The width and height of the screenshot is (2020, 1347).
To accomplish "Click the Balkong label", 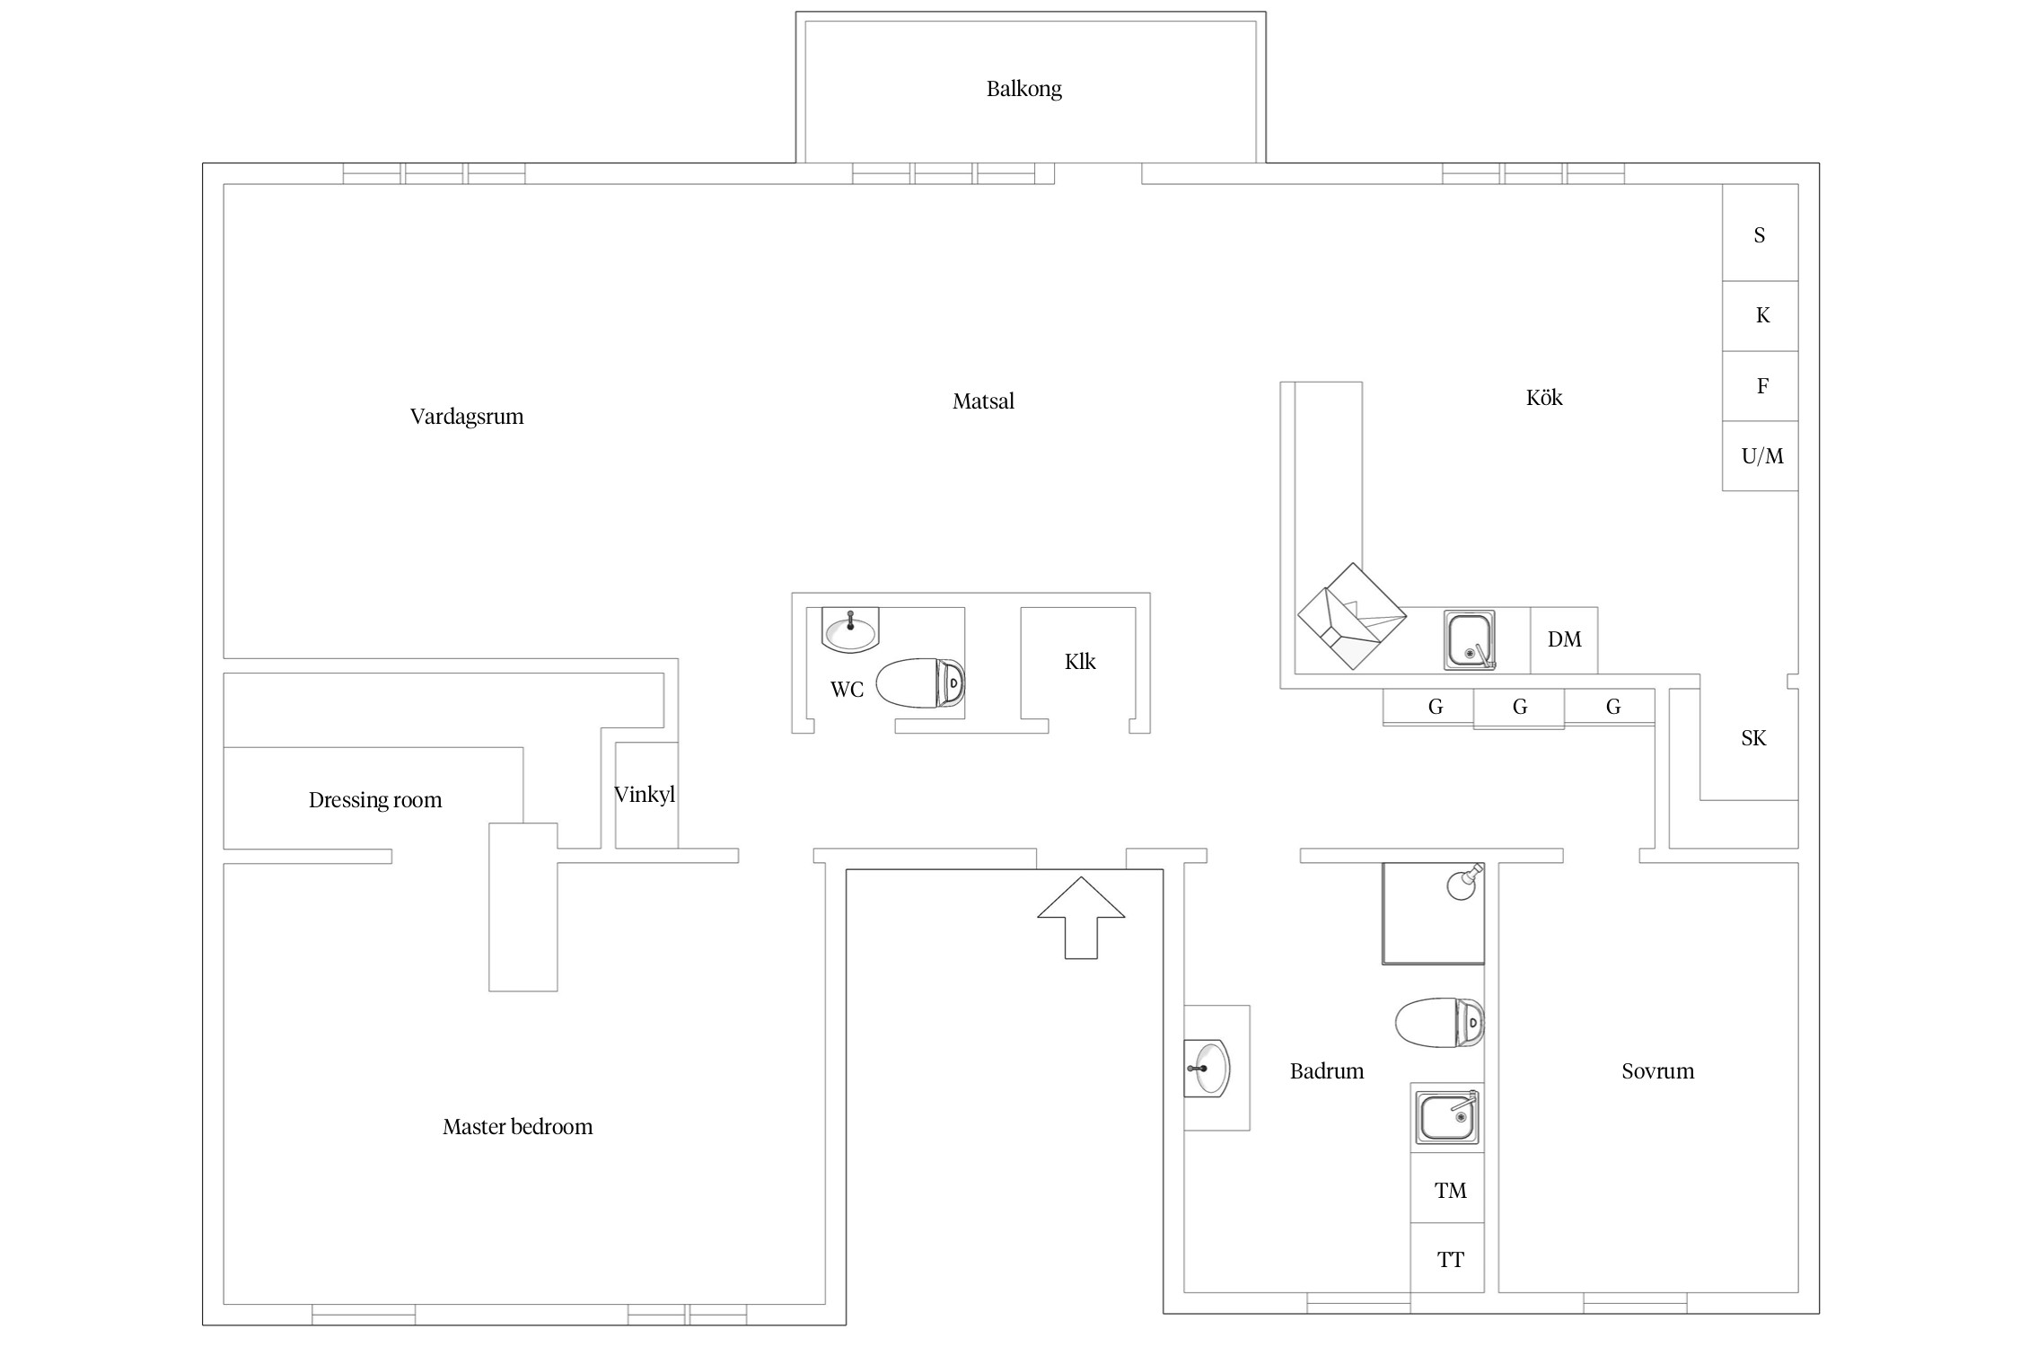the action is pos(1023,89).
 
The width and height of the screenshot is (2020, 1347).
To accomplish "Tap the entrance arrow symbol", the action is pos(1081,917).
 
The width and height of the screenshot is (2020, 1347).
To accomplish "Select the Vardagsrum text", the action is pos(467,417).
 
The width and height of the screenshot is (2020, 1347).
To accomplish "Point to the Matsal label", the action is pos(983,401).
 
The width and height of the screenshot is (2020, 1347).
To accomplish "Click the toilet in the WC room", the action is pos(919,683).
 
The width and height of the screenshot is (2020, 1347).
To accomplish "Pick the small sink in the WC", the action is pos(850,630).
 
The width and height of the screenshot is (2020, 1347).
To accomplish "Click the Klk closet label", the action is pos(1080,662).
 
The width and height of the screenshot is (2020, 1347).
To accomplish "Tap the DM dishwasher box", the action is pos(1564,640).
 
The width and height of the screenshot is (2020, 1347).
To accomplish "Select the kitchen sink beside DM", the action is pos(1470,640).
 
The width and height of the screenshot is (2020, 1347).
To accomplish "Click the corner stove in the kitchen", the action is pos(1351,616).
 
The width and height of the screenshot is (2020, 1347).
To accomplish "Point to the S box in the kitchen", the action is pos(1760,233).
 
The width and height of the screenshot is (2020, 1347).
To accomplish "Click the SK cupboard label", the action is pos(1753,738).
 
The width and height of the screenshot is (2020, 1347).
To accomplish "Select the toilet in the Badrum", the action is pos(1439,1022).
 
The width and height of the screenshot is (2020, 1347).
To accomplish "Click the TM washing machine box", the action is pos(1447,1189).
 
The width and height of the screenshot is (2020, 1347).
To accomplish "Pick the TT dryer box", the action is pos(1447,1258).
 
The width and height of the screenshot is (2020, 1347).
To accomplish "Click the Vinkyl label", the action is pos(645,795).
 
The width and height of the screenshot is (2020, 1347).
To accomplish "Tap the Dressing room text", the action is pos(375,800).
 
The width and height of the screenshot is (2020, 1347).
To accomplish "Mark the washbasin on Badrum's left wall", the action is pos(1207,1069).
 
